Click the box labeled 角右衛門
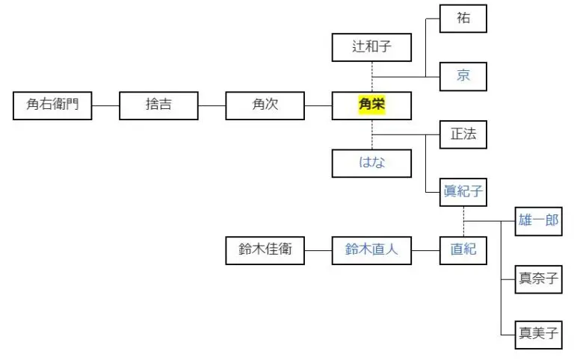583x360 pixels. (52, 105)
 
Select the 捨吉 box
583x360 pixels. (158, 105)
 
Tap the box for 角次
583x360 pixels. (265, 105)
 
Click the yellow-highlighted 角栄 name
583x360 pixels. (371, 105)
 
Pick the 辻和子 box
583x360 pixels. (371, 49)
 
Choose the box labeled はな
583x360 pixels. (371, 163)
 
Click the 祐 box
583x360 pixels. (463, 19)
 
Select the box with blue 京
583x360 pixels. (463, 76)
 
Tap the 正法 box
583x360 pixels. (463, 134)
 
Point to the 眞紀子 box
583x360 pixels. (463, 192)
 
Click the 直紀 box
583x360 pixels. (463, 250)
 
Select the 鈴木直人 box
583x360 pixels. (371, 250)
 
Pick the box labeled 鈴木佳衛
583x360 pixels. (265, 250)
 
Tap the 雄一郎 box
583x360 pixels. (539, 221)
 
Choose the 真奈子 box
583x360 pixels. (539, 279)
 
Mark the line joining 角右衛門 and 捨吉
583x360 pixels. (105, 105)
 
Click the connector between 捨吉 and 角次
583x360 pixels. (212, 105)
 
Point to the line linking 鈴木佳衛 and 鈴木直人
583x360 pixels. (318, 250)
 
